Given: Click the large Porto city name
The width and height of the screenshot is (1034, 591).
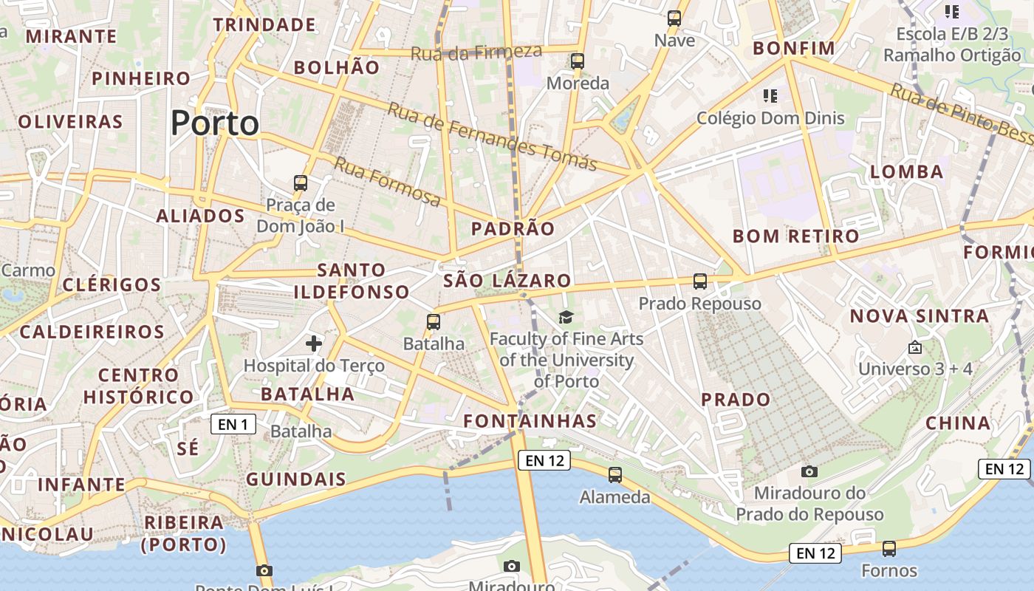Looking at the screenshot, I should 215,123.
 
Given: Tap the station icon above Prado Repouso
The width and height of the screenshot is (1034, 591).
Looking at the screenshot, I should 700,281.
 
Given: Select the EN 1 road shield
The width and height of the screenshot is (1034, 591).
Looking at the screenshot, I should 233,424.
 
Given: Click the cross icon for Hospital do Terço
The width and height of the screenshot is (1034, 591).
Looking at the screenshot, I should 314,343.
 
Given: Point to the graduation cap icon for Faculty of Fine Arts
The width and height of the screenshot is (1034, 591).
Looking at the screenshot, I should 566,317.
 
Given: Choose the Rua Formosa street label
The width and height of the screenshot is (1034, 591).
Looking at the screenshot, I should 387,181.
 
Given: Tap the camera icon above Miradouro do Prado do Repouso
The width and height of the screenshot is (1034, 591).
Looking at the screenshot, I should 809,471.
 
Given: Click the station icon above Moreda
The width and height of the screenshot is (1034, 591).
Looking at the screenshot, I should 578,61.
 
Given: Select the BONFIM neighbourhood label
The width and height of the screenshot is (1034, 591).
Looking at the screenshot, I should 793,49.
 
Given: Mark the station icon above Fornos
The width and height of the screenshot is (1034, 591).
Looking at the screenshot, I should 889,549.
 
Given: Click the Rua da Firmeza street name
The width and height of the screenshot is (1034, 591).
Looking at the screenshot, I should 476,52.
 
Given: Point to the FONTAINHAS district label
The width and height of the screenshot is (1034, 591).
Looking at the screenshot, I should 530,421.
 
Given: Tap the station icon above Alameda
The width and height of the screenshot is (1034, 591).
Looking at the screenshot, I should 614,475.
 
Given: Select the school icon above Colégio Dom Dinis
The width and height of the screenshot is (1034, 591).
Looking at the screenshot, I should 770,96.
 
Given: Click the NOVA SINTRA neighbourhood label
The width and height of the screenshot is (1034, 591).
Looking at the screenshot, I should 919,316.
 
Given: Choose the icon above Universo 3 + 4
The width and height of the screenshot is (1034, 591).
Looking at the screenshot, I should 915,346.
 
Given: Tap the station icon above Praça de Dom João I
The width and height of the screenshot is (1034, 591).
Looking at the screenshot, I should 300,182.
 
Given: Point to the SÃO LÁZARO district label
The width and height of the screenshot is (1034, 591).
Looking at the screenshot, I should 507,281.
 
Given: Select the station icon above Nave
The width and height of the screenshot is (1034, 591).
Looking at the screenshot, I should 674,18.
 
